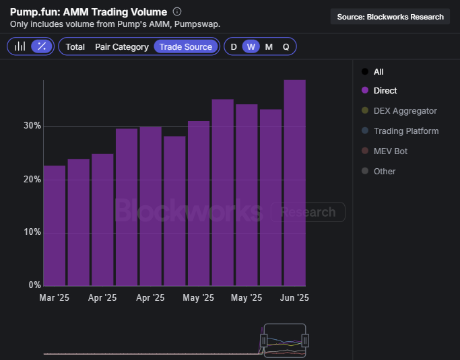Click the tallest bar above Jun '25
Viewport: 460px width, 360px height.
(x=295, y=183)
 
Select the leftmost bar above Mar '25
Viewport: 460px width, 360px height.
(x=55, y=225)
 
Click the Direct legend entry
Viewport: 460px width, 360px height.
(x=379, y=91)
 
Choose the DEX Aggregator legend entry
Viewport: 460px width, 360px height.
(x=399, y=111)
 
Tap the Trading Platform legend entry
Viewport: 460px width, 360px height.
(x=400, y=131)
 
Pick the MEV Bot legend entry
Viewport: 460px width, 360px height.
(x=385, y=151)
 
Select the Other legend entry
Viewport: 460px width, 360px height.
(x=379, y=171)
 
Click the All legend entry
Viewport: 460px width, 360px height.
(x=372, y=72)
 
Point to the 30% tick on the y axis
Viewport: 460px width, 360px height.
(x=32, y=125)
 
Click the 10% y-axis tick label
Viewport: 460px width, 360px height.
(x=32, y=232)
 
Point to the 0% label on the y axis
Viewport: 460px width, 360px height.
(x=34, y=285)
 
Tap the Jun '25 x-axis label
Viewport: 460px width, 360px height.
(x=294, y=297)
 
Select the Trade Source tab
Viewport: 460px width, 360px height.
(x=186, y=46)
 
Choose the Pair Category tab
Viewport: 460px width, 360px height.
(x=122, y=47)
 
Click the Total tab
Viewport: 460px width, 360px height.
(x=75, y=47)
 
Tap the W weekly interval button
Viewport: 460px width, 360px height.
(x=251, y=46)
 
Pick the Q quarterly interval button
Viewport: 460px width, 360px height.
(x=286, y=47)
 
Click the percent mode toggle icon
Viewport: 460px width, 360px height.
(x=42, y=46)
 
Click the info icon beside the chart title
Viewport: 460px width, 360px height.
(x=177, y=11)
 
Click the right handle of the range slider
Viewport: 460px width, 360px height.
(x=305, y=340)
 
